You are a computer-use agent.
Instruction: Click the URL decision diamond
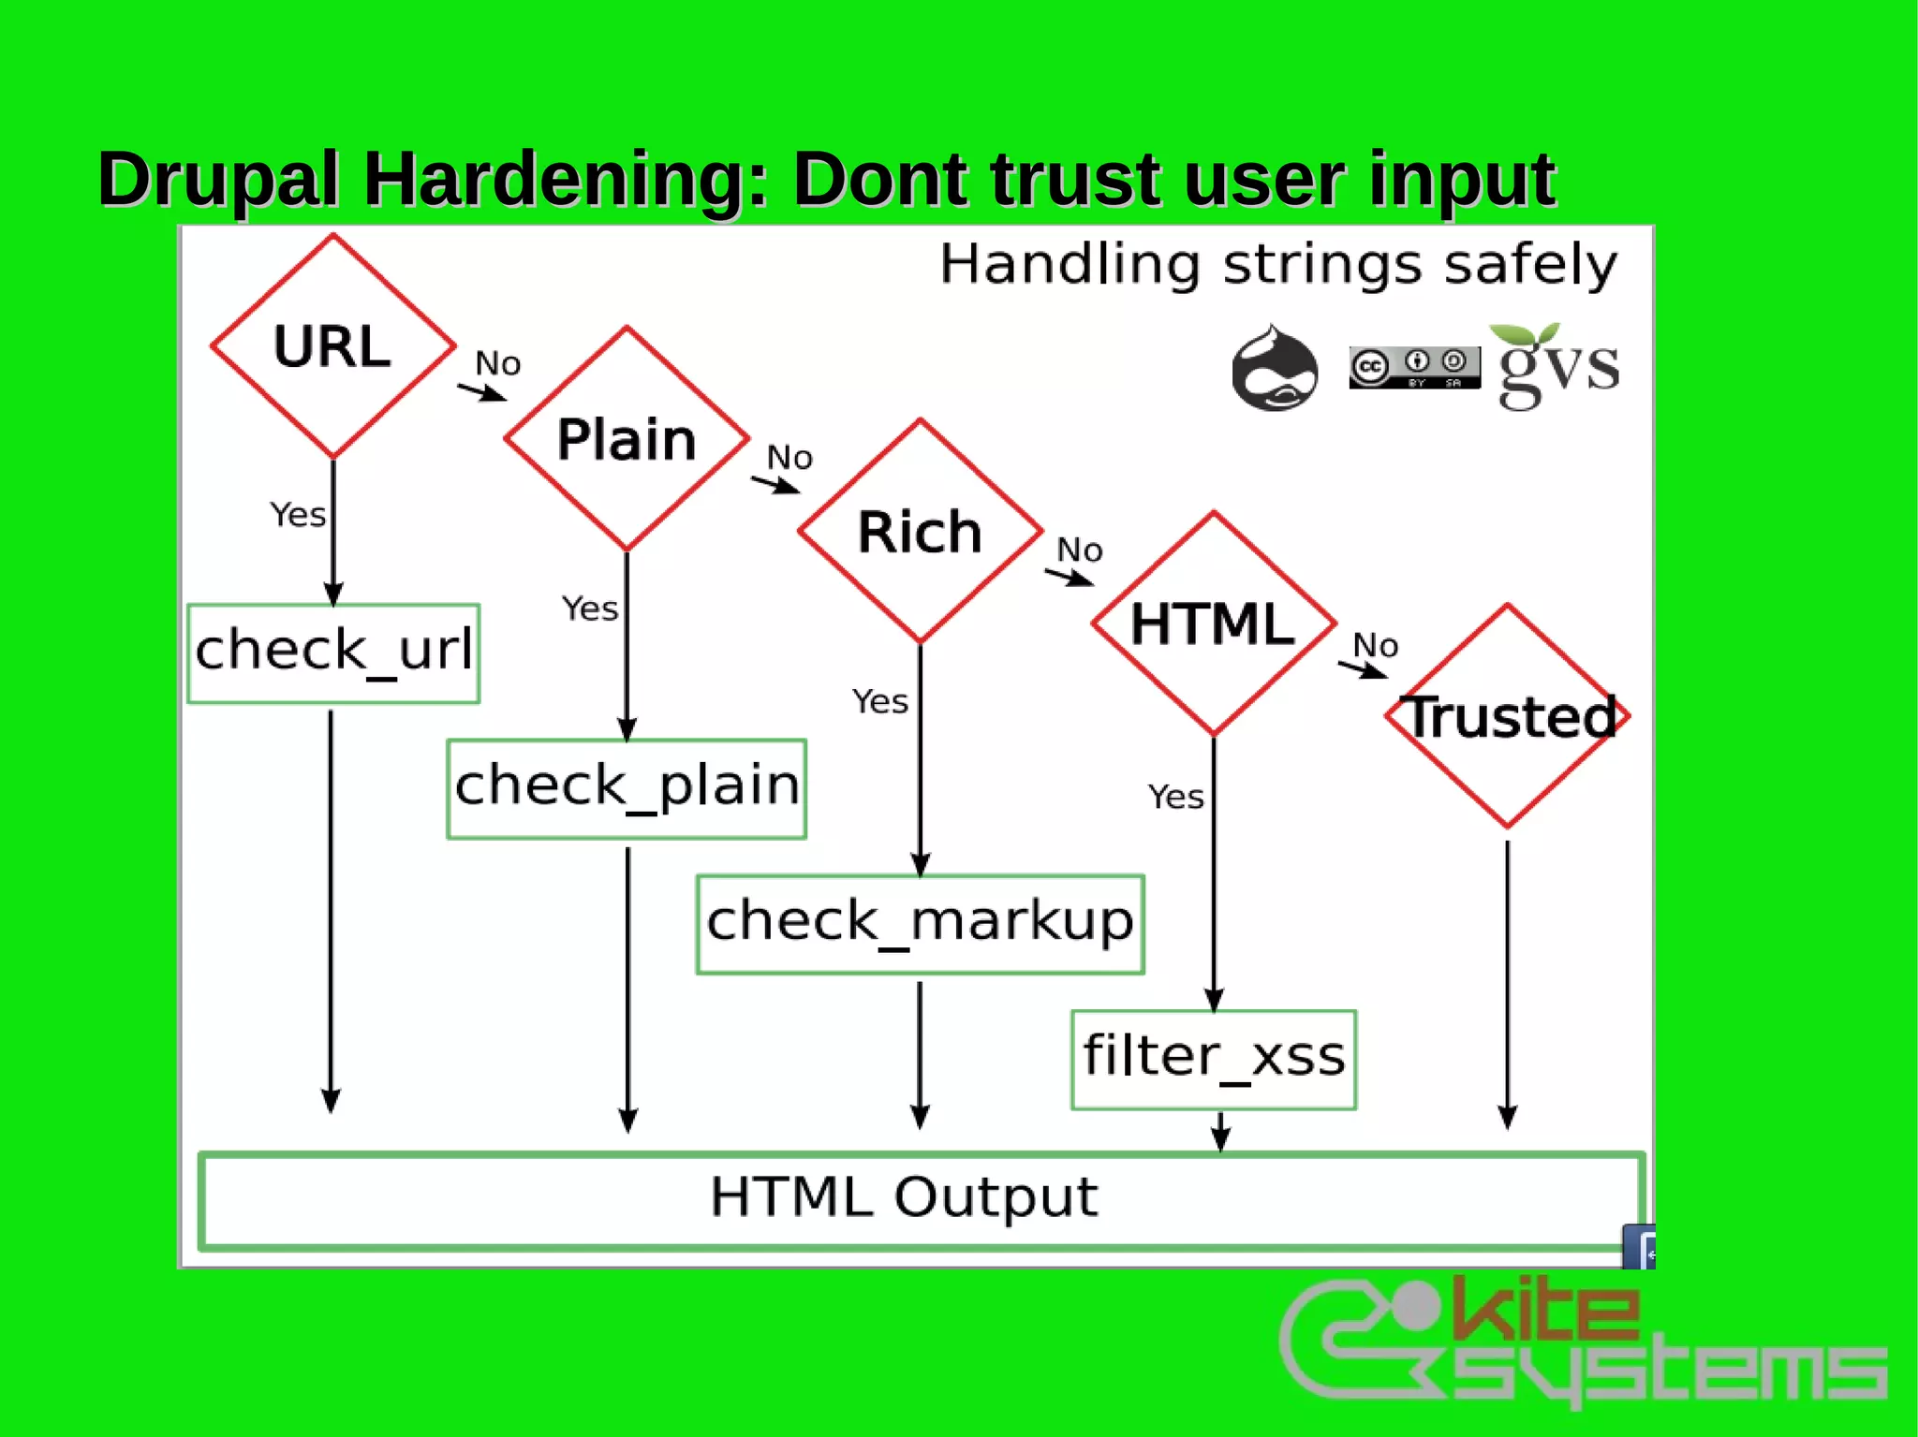(332, 346)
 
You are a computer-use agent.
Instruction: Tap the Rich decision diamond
(920, 531)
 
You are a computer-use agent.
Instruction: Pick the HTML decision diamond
(1213, 623)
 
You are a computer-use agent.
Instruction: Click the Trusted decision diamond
(1507, 716)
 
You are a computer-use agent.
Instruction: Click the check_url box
(333, 653)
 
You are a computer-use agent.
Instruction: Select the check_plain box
(627, 788)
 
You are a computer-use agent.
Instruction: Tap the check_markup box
(920, 924)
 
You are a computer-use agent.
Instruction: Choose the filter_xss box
(1214, 1059)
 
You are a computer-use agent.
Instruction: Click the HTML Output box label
(903, 1197)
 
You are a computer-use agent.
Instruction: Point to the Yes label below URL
(298, 515)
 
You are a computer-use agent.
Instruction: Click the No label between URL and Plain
(497, 363)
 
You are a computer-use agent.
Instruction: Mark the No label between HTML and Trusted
(1375, 645)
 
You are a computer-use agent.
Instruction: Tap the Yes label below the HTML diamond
(1175, 797)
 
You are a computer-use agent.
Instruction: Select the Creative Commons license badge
(1414, 367)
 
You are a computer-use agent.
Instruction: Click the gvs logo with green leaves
(1557, 366)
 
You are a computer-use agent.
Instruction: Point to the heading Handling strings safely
(1277, 264)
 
